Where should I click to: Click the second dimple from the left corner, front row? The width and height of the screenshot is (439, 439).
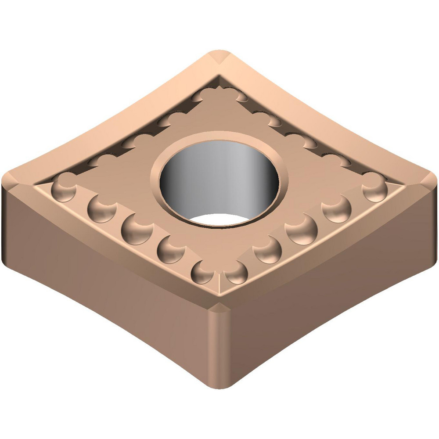tap(102, 207)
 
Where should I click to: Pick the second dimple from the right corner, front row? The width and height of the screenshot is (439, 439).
tap(337, 207)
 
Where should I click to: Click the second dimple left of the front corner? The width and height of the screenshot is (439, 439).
tap(170, 249)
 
